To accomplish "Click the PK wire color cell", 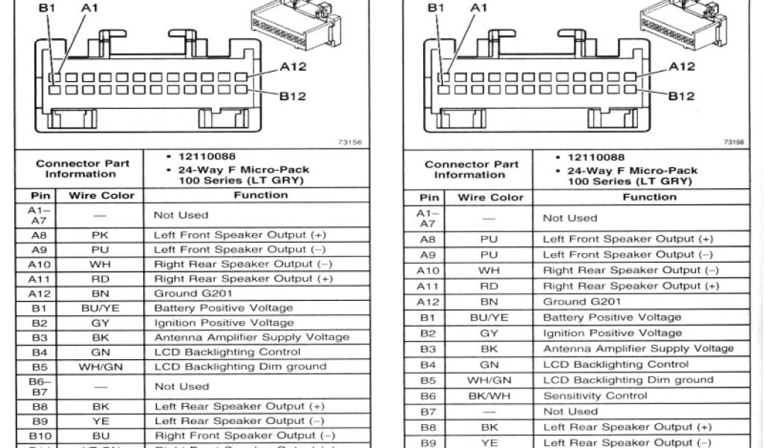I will (x=101, y=234).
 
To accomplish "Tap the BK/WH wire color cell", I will (x=489, y=396).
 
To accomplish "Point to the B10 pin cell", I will (x=40, y=435).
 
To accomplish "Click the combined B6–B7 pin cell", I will (x=40, y=387).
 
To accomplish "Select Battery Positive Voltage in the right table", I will (x=601, y=317).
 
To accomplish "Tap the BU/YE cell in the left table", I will (x=101, y=308).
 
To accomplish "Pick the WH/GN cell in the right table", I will (x=489, y=380).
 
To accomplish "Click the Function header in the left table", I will (x=260, y=196).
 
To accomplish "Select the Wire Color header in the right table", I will (x=491, y=198).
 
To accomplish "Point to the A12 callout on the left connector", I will (x=292, y=66).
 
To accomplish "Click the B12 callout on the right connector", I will (x=680, y=96).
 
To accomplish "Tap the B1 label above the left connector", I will (x=47, y=7).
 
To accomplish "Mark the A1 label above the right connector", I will (x=477, y=7).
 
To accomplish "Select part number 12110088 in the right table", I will (x=596, y=158).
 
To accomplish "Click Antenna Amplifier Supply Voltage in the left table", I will (x=251, y=337).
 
